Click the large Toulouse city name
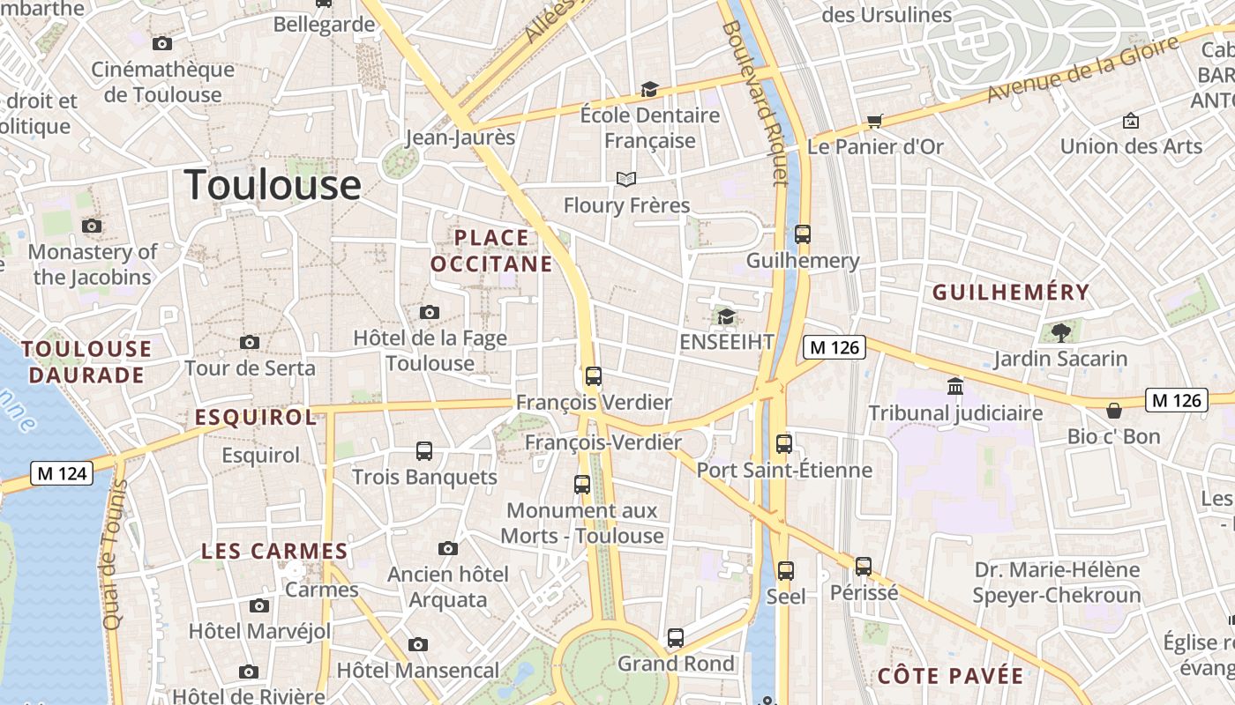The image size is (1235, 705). (x=273, y=186)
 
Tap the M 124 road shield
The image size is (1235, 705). (x=61, y=473)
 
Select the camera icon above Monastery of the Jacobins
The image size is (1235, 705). (x=92, y=226)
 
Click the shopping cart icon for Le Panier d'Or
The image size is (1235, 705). (x=874, y=121)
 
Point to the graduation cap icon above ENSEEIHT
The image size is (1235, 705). (x=726, y=316)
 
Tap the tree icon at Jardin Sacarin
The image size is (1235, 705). (x=1060, y=332)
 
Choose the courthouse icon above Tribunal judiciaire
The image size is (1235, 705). (x=954, y=386)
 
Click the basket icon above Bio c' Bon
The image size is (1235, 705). (x=1114, y=410)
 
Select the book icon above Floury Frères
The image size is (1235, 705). (x=626, y=180)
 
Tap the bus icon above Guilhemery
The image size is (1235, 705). (x=802, y=234)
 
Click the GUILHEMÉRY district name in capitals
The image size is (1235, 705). (x=1011, y=293)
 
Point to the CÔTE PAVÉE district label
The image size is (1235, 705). (x=950, y=677)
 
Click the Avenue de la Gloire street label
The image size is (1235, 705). (x=1082, y=70)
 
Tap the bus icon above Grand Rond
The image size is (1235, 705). (x=676, y=637)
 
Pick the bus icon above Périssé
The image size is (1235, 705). (x=864, y=567)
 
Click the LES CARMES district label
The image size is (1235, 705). (x=274, y=552)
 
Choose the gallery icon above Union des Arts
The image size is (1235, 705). (x=1130, y=121)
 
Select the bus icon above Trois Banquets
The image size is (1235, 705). (x=424, y=451)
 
